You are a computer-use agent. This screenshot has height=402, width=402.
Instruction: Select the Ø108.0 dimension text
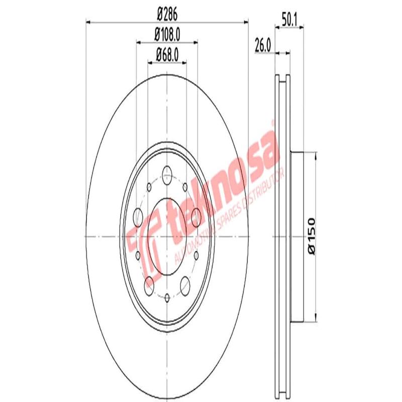[x=167, y=36]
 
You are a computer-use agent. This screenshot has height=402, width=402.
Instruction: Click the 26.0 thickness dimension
[x=263, y=45]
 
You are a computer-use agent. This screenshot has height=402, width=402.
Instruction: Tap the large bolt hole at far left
[x=138, y=218]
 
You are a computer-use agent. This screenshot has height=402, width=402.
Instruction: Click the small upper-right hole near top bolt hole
[x=185, y=187]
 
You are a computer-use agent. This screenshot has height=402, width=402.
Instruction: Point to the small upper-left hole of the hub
[x=149, y=187]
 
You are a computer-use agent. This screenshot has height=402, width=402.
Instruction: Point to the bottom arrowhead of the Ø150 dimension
[x=315, y=318]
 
